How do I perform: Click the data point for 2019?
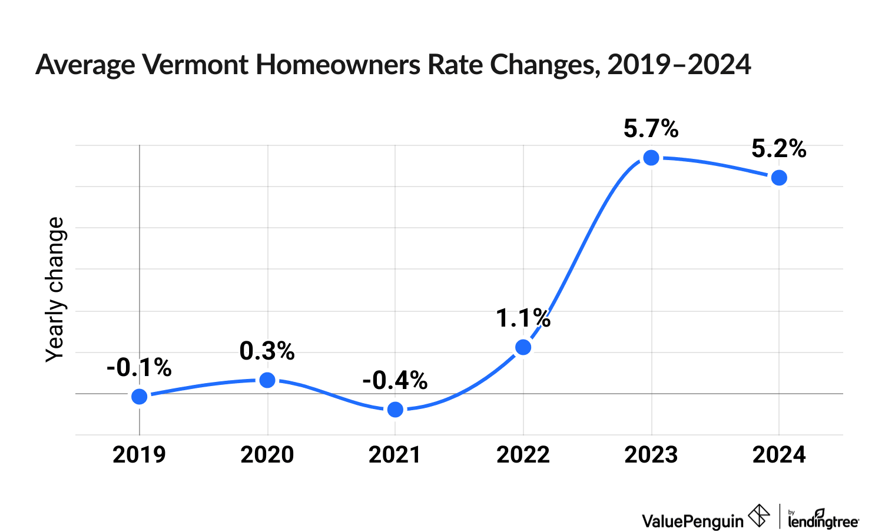140,397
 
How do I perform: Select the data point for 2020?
267,380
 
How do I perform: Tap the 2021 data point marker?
396,410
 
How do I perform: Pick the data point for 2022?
523,347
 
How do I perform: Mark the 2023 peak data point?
651,158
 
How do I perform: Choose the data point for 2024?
779,178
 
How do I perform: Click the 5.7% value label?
651,129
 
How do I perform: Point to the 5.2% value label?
779,149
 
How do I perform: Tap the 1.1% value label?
523,318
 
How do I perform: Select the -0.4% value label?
395,381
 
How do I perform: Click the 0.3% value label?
267,351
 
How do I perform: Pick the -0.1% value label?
139,368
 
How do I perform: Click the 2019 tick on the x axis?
140,455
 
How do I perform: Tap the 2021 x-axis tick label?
395,455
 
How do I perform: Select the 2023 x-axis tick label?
651,455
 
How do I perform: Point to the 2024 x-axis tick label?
779,455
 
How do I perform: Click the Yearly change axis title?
55,289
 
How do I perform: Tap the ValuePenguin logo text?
693,520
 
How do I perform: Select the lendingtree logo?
823,518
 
